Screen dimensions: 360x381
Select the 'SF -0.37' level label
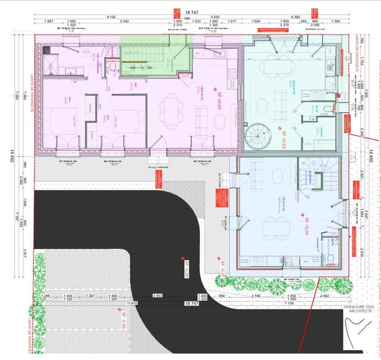(221, 268)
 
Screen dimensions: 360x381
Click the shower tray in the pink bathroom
(50, 65)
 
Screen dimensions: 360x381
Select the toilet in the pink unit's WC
(111, 68)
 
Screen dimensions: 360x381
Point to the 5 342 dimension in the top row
(125, 21)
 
